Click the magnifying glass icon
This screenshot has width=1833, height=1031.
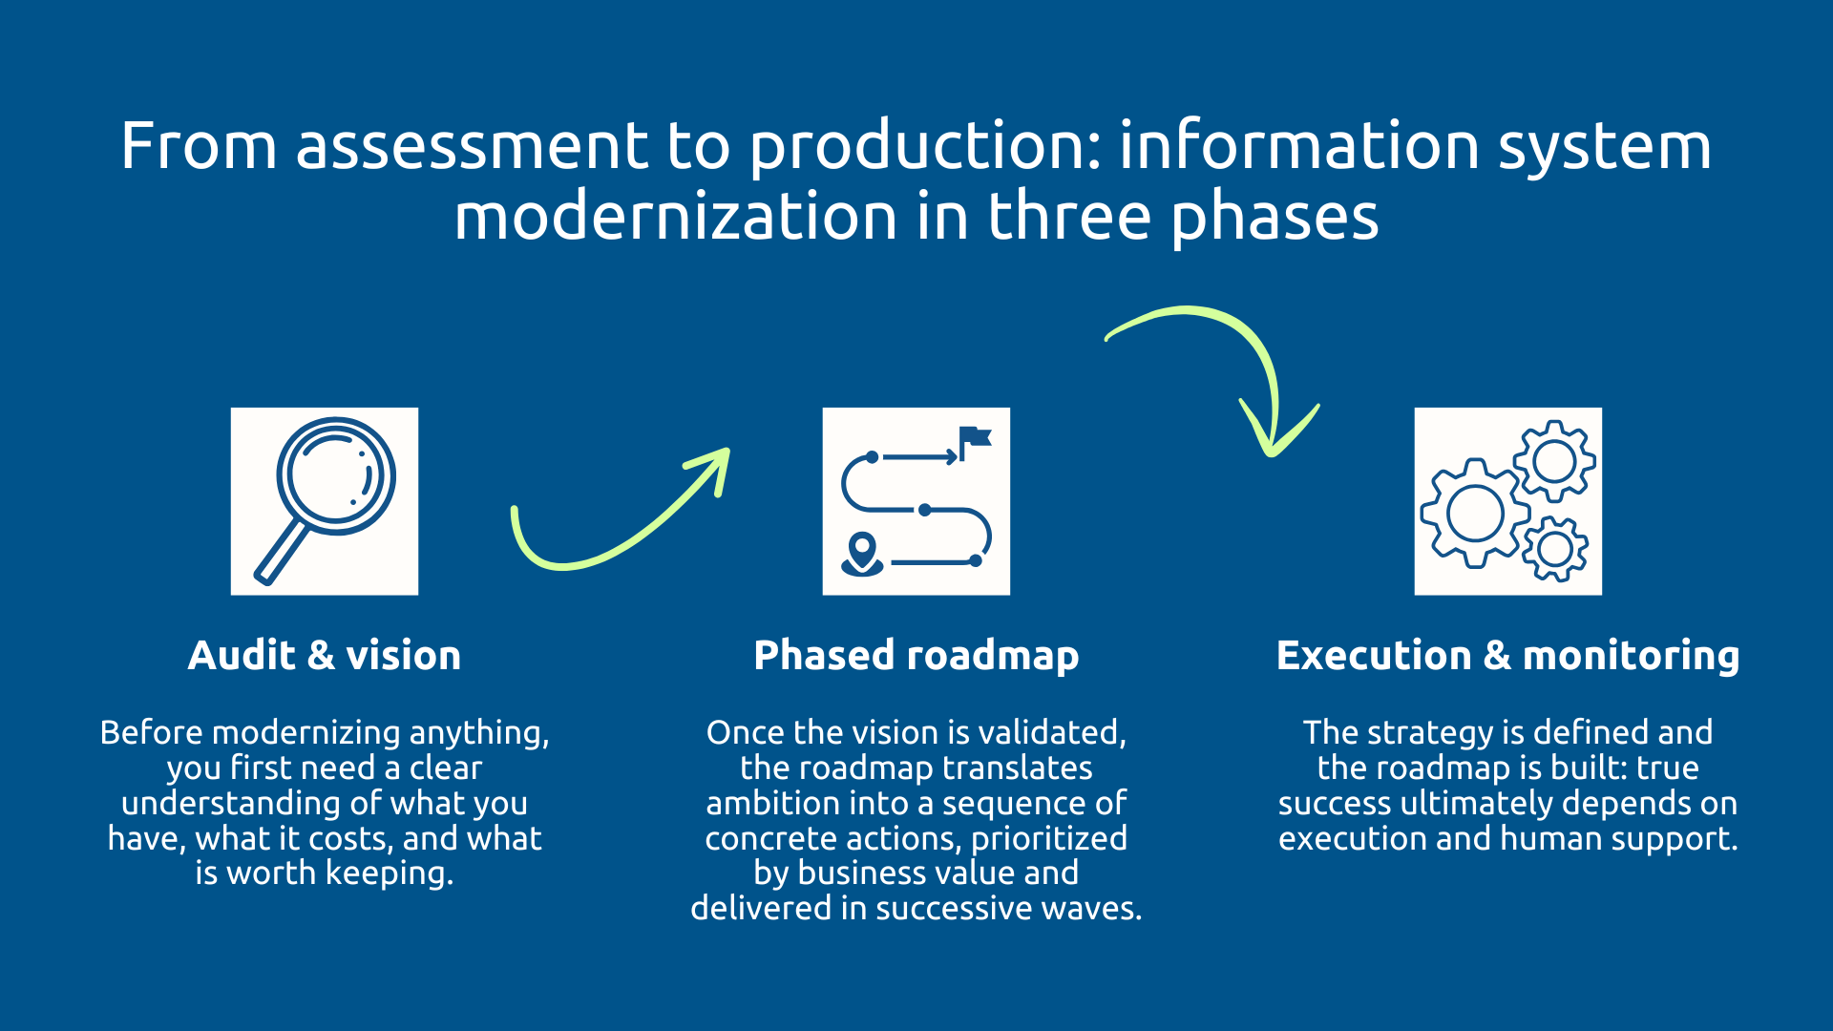click(325, 501)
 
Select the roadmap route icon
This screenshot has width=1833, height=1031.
click(916, 501)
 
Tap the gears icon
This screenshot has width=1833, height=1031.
click(1508, 501)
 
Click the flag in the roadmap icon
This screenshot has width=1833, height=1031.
click(975, 440)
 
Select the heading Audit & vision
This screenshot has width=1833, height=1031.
click(325, 656)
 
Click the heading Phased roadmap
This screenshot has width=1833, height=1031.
click(916, 656)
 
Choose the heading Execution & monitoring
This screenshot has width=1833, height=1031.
click(1508, 656)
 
